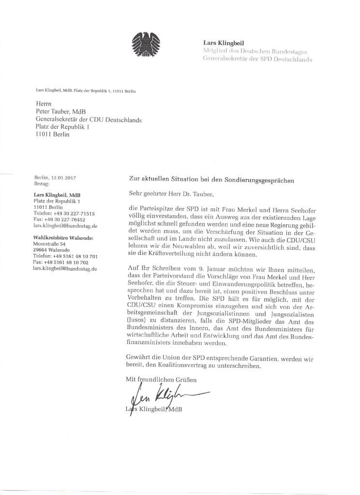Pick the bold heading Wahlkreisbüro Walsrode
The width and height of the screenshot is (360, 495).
[x=62, y=237]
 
